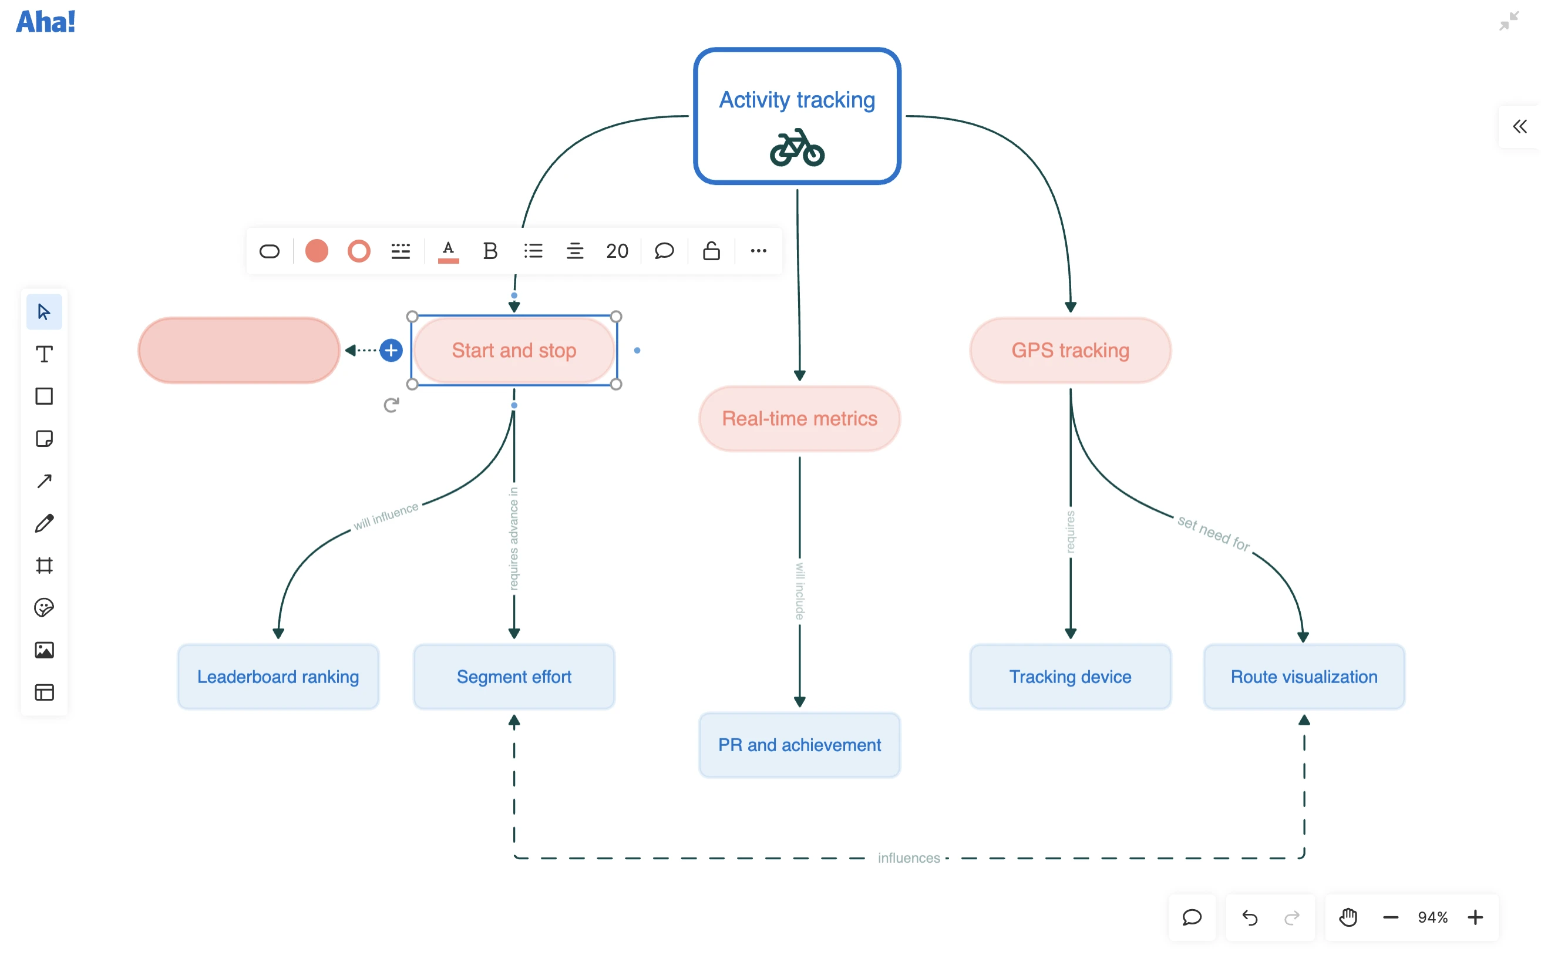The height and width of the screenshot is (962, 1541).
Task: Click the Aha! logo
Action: [x=46, y=22]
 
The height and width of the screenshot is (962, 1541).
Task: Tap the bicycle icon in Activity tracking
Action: [x=798, y=148]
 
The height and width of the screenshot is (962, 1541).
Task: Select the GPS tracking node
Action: [x=1070, y=351]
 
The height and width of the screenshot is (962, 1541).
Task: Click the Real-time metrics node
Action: [x=799, y=419]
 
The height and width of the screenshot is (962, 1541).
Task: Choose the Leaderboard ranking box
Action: [x=278, y=677]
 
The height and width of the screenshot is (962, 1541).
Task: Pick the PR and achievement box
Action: [x=799, y=745]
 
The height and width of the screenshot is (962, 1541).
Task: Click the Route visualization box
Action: [x=1304, y=677]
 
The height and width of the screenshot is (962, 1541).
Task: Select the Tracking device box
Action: [x=1070, y=677]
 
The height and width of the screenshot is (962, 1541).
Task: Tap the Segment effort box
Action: [x=514, y=677]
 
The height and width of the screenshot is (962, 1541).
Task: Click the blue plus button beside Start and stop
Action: [x=391, y=351]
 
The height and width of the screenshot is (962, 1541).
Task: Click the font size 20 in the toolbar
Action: [x=617, y=251]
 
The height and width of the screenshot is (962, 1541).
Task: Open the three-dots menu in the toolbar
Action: [x=758, y=251]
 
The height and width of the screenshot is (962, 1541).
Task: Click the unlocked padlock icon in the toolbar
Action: [x=711, y=251]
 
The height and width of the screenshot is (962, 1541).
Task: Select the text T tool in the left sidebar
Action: [x=44, y=354]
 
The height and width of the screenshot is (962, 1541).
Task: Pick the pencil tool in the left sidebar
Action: [x=44, y=524]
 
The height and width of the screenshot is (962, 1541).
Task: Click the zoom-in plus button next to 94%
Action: [x=1475, y=917]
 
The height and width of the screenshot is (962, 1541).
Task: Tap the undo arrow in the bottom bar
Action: [x=1250, y=917]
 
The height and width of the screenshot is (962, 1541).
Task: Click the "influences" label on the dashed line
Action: [x=909, y=857]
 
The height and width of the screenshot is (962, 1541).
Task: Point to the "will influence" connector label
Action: [x=386, y=516]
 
